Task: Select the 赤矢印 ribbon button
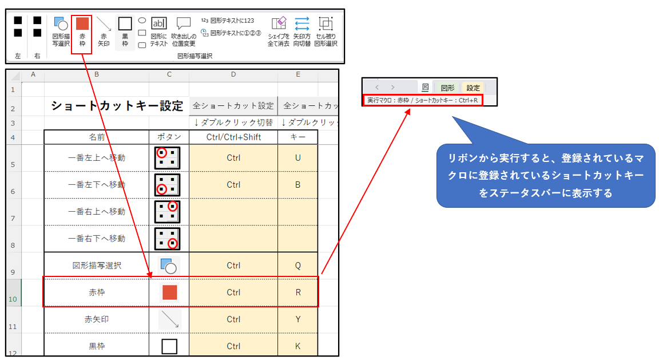coord(104,32)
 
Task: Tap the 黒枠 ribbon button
coord(125,32)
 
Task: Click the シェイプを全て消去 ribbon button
coord(278,32)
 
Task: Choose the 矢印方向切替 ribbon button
coord(302,32)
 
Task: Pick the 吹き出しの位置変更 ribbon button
coord(184,32)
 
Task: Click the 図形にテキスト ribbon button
coord(159,32)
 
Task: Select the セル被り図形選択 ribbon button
coord(325,32)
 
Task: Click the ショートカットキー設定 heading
coord(117,105)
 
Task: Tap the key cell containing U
coord(297,158)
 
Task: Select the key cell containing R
coord(297,292)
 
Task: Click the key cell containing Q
coord(297,266)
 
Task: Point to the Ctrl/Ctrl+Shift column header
coord(233,137)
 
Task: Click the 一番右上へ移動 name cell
coord(97,212)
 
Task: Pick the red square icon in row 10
coord(169,292)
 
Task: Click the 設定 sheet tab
coord(473,88)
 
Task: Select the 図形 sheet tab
coord(447,88)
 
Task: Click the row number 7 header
coord(13,218)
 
